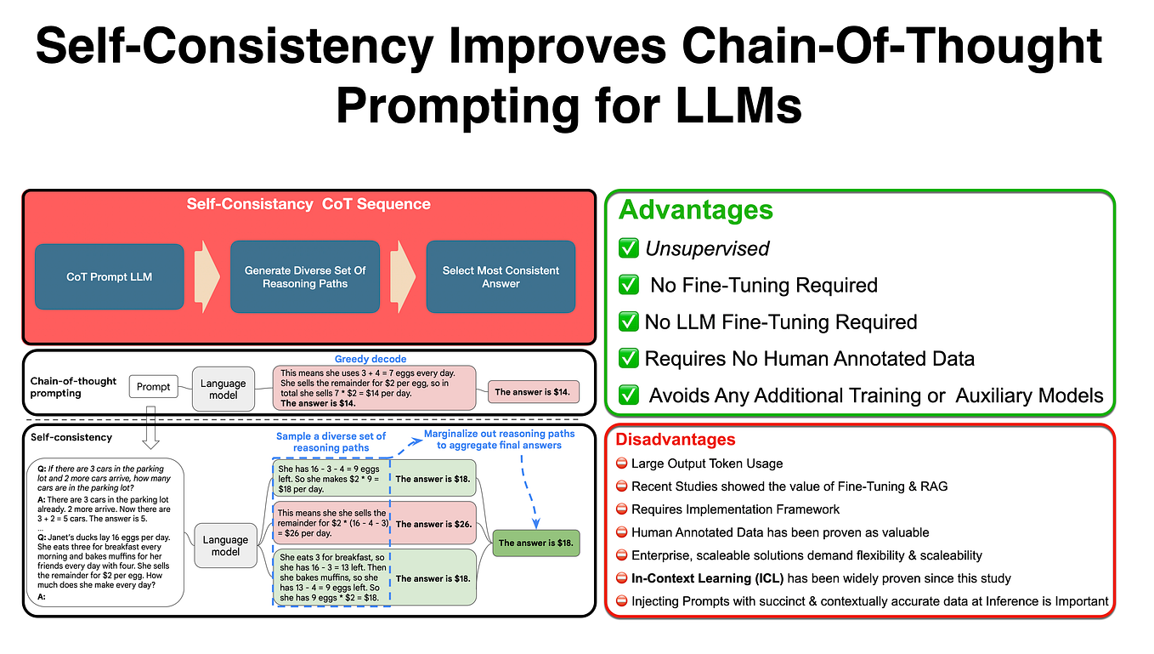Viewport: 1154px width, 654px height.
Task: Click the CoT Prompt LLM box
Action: click(109, 276)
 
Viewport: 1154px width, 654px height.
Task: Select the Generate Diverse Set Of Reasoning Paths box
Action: click(305, 276)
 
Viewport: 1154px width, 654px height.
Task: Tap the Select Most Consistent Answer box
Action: click(501, 276)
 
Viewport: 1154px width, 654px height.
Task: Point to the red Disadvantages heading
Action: click(676, 440)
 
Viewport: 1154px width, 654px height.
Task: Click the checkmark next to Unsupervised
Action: click(629, 248)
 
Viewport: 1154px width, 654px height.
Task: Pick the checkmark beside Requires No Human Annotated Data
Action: click(629, 358)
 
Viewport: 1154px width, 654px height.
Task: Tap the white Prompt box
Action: click(153, 387)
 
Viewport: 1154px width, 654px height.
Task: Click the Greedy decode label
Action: click(371, 359)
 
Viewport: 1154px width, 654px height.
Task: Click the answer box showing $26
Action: click(433, 524)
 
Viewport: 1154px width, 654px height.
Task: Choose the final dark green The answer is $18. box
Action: click(537, 543)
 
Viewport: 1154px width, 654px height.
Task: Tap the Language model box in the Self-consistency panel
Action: click(226, 545)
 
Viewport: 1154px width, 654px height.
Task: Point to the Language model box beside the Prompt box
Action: click(223, 390)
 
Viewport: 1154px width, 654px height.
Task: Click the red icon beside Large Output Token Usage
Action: click(621, 463)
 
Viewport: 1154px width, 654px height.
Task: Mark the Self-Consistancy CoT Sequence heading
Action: click(308, 204)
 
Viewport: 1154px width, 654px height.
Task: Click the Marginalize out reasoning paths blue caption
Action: click(500, 439)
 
